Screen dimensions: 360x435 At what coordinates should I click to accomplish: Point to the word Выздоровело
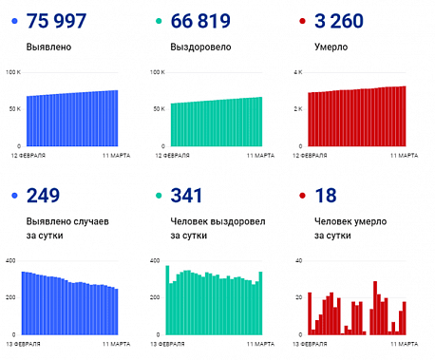pyautogui.click(x=199, y=46)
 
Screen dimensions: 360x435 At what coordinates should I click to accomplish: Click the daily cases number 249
pyautogui.click(x=44, y=197)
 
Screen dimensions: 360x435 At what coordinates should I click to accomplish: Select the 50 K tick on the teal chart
pyautogui.click(x=157, y=109)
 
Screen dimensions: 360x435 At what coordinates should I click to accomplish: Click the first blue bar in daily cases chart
pyautogui.click(x=24, y=303)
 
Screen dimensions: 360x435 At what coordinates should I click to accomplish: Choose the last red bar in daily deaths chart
pyautogui.click(x=405, y=318)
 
